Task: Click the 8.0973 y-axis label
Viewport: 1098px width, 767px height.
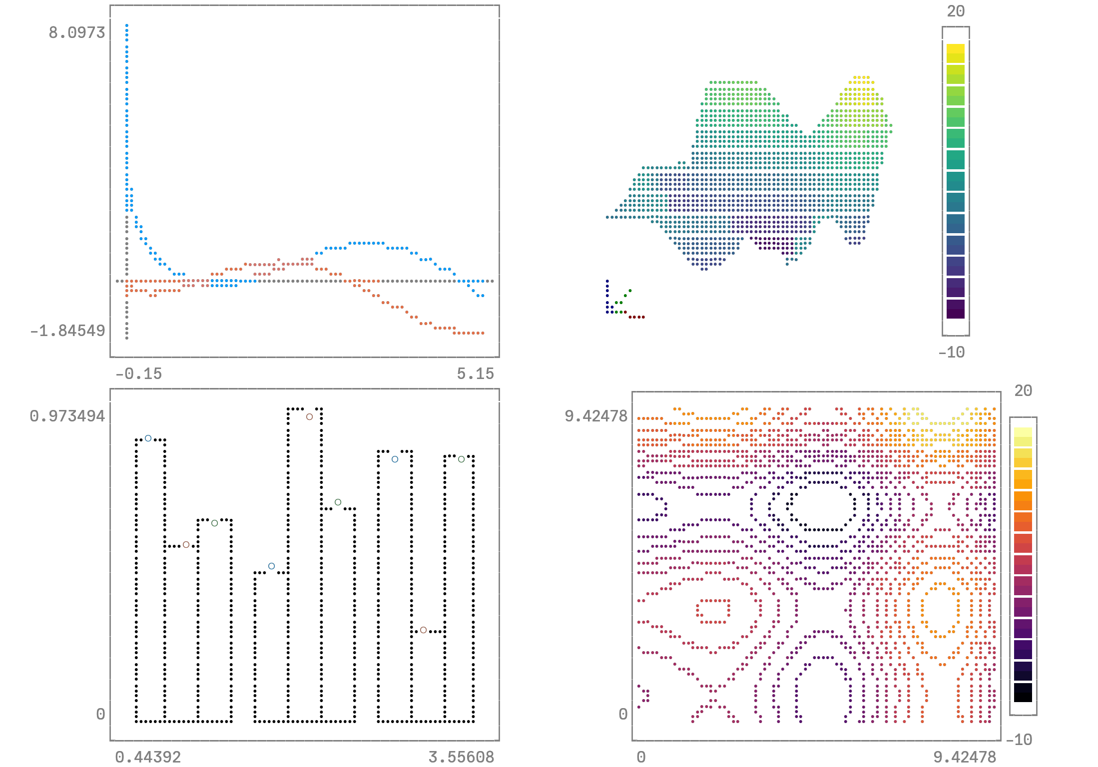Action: [x=76, y=32]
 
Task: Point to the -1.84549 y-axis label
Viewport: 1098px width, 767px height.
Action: [x=67, y=331]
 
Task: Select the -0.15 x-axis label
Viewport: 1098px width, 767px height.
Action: [x=138, y=374]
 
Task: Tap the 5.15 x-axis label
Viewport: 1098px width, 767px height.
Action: [x=475, y=374]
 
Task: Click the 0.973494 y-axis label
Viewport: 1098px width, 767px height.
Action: [x=67, y=416]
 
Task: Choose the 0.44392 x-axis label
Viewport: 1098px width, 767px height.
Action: [x=148, y=757]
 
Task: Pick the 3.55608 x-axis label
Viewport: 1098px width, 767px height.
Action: [x=461, y=757]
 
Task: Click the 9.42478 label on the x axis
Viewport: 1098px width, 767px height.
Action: [x=965, y=757]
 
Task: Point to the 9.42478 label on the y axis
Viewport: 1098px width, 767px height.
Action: [x=595, y=416]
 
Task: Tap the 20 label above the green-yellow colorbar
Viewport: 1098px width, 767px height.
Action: [x=956, y=11]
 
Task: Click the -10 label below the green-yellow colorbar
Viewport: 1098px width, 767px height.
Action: [x=951, y=353]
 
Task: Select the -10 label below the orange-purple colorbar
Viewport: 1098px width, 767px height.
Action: [x=1019, y=740]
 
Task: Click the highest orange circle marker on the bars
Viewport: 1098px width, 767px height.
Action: [x=310, y=416]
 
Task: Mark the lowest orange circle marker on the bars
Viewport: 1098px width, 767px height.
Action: [x=423, y=630]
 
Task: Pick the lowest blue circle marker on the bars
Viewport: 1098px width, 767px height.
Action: [x=271, y=566]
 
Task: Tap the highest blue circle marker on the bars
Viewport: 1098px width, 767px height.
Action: [x=148, y=438]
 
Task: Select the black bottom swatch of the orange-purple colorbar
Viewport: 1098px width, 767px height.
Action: [x=1023, y=693]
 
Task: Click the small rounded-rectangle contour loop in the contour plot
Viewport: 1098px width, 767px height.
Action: [x=713, y=611]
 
